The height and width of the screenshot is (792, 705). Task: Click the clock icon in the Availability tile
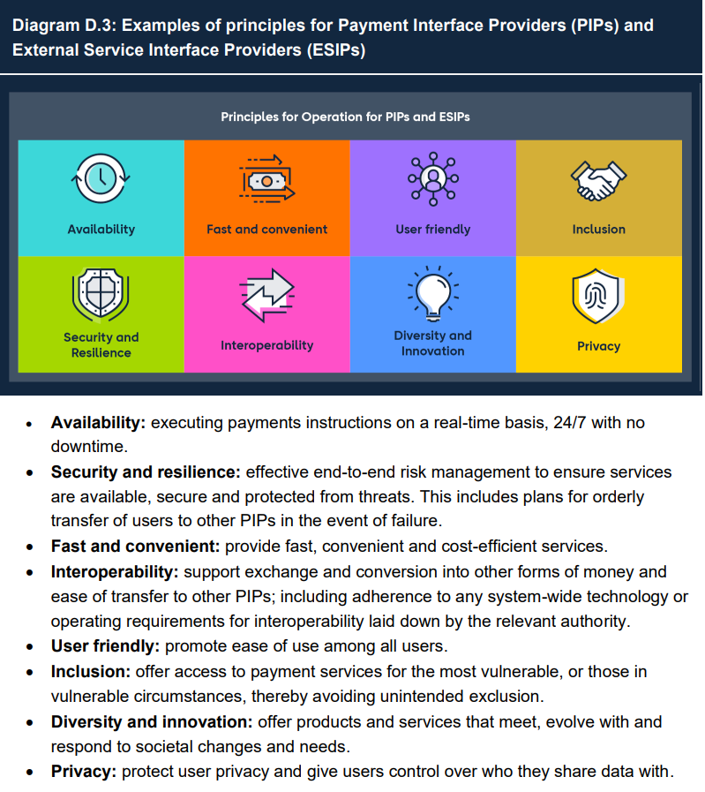click(x=101, y=177)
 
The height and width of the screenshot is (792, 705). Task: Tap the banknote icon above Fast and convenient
click(x=266, y=178)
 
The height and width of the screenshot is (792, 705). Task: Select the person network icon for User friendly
click(x=432, y=177)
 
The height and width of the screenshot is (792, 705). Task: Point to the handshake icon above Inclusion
click(x=598, y=180)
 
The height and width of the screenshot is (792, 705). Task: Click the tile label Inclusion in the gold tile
click(x=598, y=230)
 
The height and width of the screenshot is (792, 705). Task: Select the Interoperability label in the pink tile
click(x=266, y=345)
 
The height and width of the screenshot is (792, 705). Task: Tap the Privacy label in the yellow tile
click(x=598, y=346)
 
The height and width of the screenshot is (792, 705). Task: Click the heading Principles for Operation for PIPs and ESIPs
click(x=351, y=116)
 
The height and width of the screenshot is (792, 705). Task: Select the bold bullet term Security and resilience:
click(x=146, y=472)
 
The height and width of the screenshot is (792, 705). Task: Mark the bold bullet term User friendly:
click(x=106, y=646)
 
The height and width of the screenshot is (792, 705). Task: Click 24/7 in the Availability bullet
click(x=567, y=423)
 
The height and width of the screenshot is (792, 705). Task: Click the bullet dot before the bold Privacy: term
click(x=31, y=773)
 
